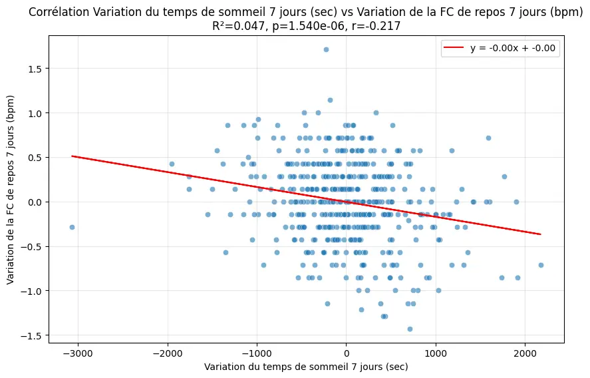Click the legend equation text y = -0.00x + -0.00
coord(513,48)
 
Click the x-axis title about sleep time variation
coord(306,367)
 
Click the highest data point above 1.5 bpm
coord(326,49)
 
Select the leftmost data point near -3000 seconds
coord(72,227)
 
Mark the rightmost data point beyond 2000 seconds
coord(541,265)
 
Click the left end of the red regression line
coord(73,156)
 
